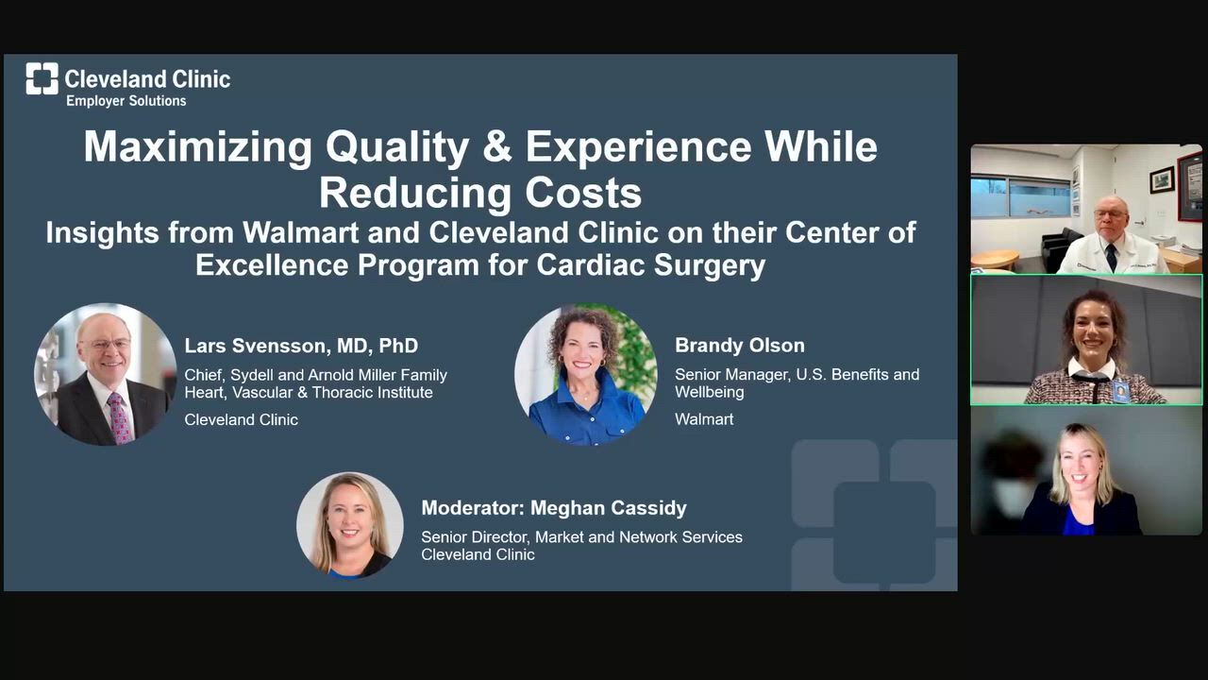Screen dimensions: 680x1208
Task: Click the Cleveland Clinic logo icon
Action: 42,78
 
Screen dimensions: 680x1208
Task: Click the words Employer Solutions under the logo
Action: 126,101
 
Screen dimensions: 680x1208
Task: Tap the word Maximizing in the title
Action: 197,147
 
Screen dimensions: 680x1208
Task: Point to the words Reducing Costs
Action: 479,193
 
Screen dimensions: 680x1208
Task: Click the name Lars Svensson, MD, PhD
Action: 301,346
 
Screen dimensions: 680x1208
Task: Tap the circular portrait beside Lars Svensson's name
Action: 106,374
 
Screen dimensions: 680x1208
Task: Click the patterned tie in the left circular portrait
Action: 121,416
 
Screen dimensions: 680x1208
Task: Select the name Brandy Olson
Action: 739,346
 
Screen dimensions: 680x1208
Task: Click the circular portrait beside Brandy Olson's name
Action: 585,374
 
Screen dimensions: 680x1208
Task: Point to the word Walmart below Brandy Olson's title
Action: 703,419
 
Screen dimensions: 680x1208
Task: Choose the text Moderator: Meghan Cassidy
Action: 553,508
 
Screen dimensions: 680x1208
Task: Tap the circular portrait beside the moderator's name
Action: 349,524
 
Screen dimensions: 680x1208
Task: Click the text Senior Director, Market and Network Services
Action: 581,536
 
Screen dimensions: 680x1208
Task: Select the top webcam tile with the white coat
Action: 1086,209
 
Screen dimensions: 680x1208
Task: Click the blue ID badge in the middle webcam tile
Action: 1120,391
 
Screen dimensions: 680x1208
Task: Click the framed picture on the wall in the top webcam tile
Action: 1162,178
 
